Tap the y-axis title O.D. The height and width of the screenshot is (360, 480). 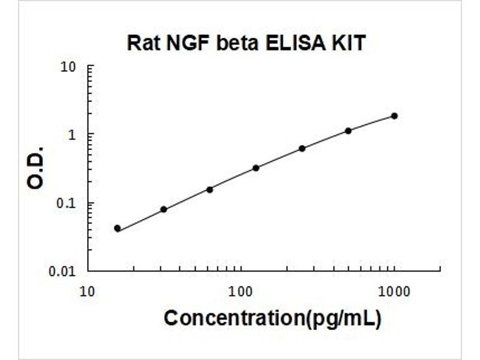click(x=36, y=167)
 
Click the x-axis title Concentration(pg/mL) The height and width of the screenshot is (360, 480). click(x=272, y=318)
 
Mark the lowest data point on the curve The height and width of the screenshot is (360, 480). click(x=117, y=228)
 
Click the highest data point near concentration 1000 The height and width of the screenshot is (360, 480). click(x=394, y=116)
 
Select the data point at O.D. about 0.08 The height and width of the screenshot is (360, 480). click(x=164, y=209)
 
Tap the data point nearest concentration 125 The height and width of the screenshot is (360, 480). click(x=256, y=168)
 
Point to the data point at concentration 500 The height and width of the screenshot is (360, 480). click(x=348, y=131)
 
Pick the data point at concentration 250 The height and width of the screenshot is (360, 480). click(x=302, y=148)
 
